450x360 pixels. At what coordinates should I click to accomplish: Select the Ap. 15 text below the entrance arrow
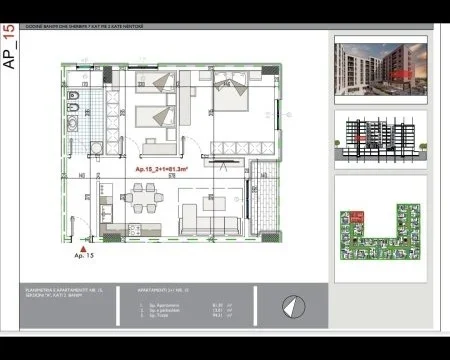pos(83,256)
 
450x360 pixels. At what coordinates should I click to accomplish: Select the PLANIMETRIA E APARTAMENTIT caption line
pos(65,292)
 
